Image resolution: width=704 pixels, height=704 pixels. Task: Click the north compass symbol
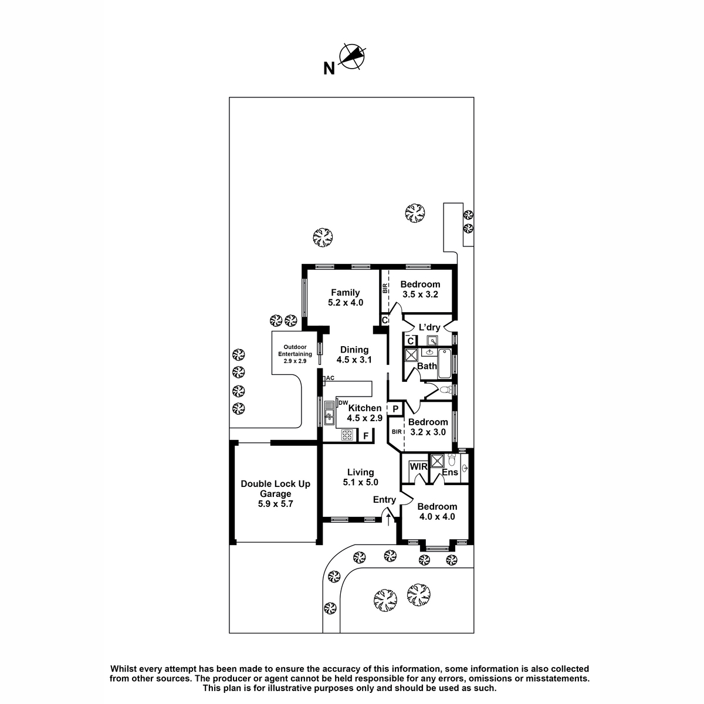click(353, 57)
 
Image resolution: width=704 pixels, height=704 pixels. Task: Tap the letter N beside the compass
click(329, 69)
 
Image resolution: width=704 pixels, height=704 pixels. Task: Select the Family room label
click(345, 293)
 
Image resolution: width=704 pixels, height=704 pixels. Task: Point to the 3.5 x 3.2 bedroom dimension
click(420, 295)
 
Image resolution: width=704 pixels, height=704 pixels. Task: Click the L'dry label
click(429, 327)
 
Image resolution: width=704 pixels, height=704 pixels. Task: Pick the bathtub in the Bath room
click(445, 364)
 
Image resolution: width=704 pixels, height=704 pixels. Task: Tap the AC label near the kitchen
click(330, 378)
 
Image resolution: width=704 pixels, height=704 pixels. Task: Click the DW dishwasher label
click(343, 403)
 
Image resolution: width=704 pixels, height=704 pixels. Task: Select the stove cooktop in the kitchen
click(347, 435)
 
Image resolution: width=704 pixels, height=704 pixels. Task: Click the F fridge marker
click(365, 436)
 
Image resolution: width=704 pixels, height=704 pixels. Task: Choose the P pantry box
click(395, 409)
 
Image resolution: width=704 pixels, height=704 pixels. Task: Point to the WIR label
click(418, 466)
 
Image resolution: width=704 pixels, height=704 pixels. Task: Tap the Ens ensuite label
click(450, 472)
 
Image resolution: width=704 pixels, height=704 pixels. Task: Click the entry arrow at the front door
click(388, 520)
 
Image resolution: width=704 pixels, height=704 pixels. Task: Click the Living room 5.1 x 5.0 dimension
click(360, 482)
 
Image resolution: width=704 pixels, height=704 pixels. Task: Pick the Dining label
click(354, 350)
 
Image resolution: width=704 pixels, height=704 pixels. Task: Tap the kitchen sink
click(330, 413)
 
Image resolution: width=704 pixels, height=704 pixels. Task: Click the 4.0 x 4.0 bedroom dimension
click(437, 517)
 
